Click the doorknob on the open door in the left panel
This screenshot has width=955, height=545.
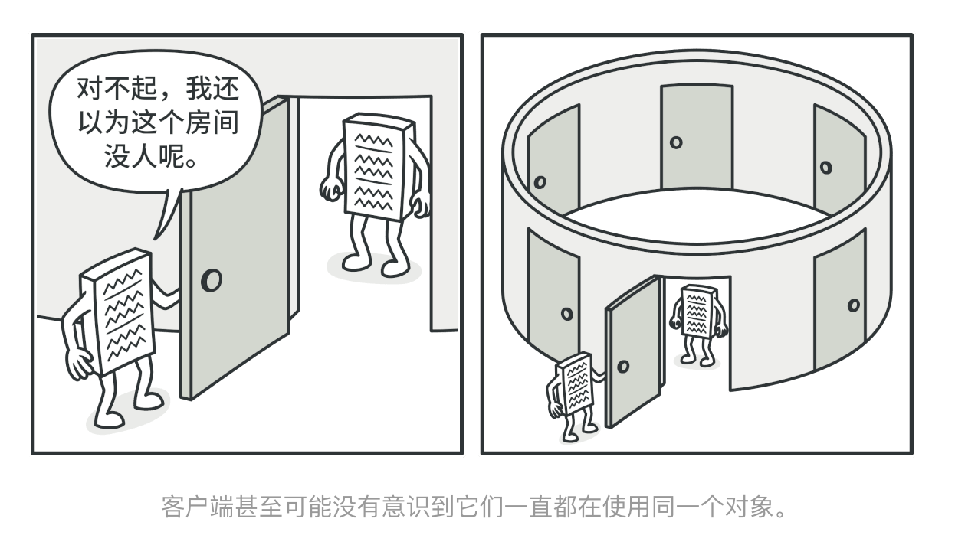(x=212, y=280)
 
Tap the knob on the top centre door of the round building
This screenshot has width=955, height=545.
(x=676, y=142)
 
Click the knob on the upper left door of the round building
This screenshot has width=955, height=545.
(x=540, y=182)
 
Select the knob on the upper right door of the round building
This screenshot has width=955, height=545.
(x=826, y=168)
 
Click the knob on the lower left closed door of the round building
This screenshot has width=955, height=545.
(x=567, y=314)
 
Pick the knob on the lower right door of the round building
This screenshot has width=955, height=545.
(x=854, y=305)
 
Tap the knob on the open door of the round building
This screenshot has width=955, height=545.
(x=623, y=366)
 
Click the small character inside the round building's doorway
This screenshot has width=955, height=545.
(x=698, y=325)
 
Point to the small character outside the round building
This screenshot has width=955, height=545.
(x=573, y=396)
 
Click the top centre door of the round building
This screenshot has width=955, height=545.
(x=697, y=136)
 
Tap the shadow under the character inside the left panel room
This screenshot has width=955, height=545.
(x=374, y=268)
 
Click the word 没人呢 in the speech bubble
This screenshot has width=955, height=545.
(x=144, y=157)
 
